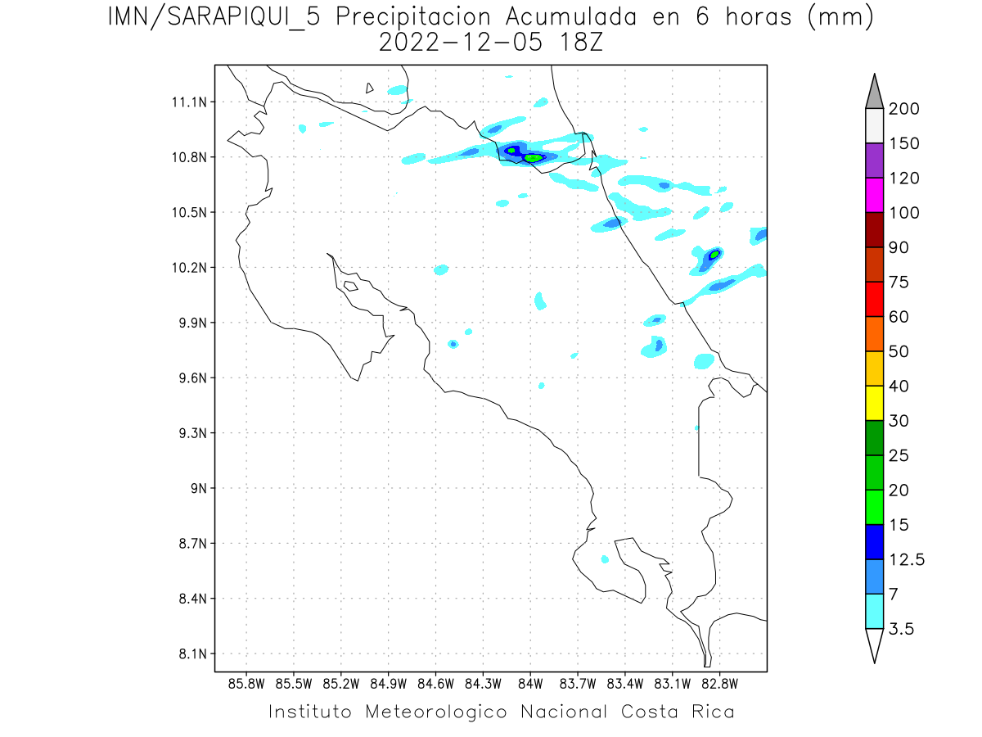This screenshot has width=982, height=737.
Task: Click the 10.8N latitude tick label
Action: [188, 157]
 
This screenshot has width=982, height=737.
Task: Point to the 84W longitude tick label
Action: [530, 682]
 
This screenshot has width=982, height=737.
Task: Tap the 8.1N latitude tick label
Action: [188, 653]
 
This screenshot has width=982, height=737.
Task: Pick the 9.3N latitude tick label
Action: [188, 433]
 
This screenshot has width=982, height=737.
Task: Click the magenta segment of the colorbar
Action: [874, 195]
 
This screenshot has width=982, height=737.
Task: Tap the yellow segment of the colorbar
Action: [874, 402]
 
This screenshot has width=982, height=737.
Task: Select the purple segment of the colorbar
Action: [874, 161]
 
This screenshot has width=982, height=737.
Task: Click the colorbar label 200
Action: [903, 109]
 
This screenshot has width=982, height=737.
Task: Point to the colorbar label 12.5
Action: [907, 559]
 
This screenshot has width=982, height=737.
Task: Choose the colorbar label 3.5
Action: [901, 629]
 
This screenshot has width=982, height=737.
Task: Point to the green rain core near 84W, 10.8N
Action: [533, 157]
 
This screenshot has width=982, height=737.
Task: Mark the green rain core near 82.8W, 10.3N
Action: [714, 254]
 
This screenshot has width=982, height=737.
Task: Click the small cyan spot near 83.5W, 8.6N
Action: [605, 559]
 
